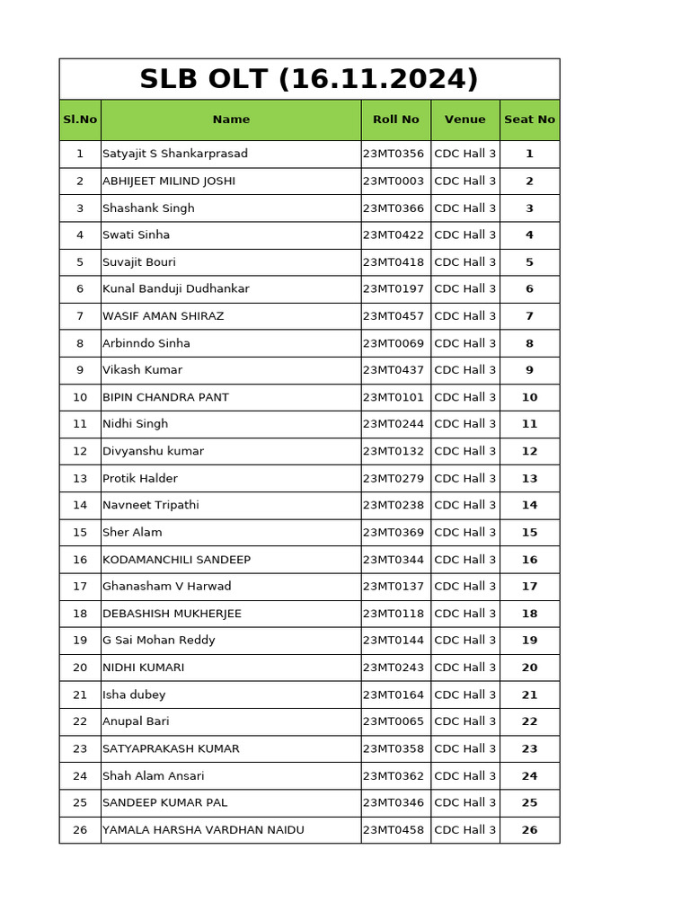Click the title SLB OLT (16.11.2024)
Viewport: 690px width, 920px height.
pyautogui.click(x=309, y=79)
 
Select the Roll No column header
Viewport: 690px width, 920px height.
pyautogui.click(x=395, y=119)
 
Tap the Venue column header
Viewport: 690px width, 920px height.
pyautogui.click(x=464, y=119)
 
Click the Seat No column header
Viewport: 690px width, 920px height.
pyautogui.click(x=529, y=119)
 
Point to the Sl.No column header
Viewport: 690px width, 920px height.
pyautogui.click(x=80, y=119)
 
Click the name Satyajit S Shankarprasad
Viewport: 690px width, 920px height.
pyautogui.click(x=175, y=154)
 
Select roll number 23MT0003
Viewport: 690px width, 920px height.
pyautogui.click(x=394, y=181)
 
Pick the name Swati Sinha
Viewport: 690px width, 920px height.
pyautogui.click(x=136, y=234)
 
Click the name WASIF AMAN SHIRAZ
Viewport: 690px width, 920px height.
pyautogui.click(x=163, y=316)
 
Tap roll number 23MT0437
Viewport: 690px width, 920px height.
pyautogui.click(x=394, y=370)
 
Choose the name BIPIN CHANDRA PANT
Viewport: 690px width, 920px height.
pyautogui.click(x=165, y=397)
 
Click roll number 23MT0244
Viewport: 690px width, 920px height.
pyautogui.click(x=394, y=424)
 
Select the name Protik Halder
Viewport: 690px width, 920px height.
pyautogui.click(x=140, y=478)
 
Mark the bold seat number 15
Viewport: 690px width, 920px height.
pyautogui.click(x=529, y=532)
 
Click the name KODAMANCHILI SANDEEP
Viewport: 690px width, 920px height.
pyautogui.click(x=176, y=560)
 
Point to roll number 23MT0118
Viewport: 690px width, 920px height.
pyautogui.click(x=394, y=614)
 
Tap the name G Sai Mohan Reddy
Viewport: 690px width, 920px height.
pyautogui.click(x=159, y=641)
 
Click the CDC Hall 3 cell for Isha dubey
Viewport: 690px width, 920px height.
pyautogui.click(x=464, y=694)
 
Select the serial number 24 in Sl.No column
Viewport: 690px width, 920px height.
pyautogui.click(x=80, y=775)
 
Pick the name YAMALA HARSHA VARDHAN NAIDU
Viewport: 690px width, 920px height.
pyautogui.click(x=203, y=830)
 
